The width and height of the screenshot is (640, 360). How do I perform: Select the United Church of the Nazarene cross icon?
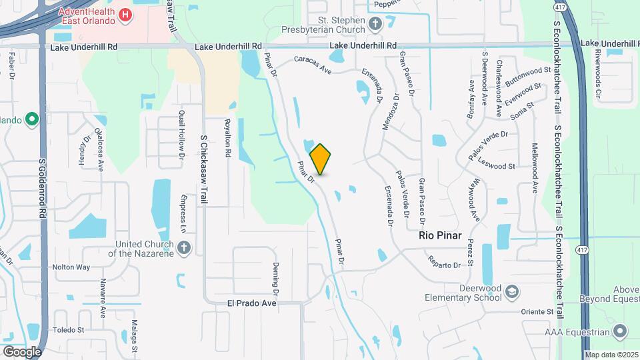pos(185,249)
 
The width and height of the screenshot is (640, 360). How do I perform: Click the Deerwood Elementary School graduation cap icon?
pos(511,292)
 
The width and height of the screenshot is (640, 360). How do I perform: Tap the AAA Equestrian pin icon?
pos(621,331)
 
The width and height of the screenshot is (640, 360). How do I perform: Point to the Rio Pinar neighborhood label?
pos(440,235)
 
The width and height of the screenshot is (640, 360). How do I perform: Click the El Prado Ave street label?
pos(251,303)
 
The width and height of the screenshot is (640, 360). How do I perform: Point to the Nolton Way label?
pos(71,267)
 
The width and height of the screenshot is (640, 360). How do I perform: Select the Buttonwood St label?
pos(528,73)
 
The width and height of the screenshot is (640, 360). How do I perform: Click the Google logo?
pos(22,351)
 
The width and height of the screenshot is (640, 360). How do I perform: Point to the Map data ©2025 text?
pos(612,355)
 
